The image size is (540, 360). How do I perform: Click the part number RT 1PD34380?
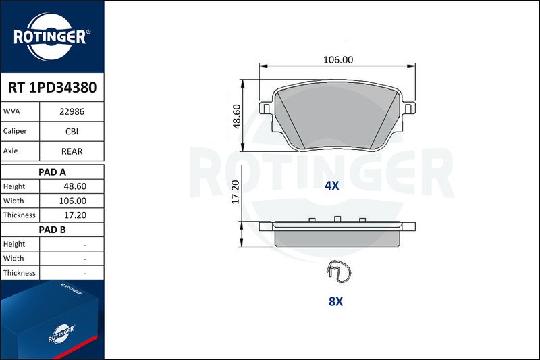(53, 88)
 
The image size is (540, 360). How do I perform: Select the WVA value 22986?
(72, 111)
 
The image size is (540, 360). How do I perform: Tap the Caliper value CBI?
(72, 131)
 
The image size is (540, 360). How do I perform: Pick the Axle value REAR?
(72, 151)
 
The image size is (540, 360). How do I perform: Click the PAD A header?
(52, 172)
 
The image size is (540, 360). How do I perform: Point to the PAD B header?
(52, 230)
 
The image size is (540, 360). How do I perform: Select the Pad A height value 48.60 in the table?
(75, 186)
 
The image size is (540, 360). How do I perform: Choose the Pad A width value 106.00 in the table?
(73, 201)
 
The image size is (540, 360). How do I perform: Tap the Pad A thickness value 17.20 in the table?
(75, 215)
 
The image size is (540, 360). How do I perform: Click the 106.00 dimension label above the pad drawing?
(338, 60)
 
